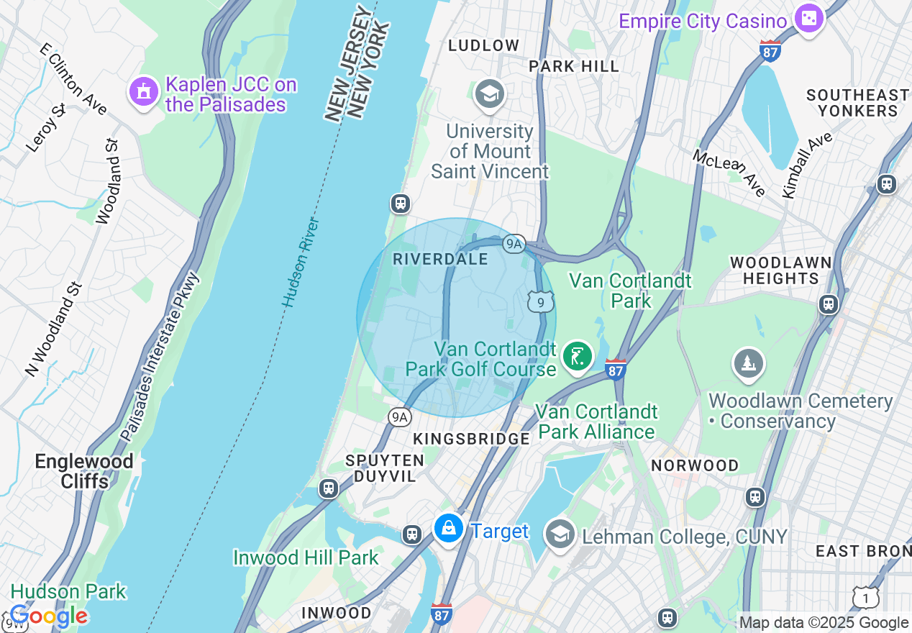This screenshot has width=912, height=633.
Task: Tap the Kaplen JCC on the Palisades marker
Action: (143, 91)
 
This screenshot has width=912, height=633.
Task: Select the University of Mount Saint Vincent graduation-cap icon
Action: (490, 94)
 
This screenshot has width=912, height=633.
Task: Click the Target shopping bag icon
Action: (449, 529)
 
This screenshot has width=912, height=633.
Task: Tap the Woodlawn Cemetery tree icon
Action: (749, 363)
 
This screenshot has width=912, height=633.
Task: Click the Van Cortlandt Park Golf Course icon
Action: (577, 355)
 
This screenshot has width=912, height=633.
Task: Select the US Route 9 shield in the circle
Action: (540, 301)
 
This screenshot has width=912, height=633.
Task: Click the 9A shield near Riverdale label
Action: (513, 244)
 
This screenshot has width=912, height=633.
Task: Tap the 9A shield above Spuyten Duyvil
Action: (399, 417)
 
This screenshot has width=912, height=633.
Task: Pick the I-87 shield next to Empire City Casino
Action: (770, 51)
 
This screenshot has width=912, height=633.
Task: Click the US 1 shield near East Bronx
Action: (866, 597)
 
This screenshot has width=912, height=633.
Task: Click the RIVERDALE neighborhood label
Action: (440, 260)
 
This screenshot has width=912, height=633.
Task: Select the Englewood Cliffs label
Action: (85, 471)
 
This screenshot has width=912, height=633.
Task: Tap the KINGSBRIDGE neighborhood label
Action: (471, 439)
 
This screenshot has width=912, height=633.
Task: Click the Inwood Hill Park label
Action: (306, 557)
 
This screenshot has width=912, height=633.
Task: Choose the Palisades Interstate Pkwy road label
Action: (160, 358)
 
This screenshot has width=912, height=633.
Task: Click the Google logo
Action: (48, 616)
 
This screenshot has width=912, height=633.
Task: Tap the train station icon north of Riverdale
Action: (401, 204)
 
